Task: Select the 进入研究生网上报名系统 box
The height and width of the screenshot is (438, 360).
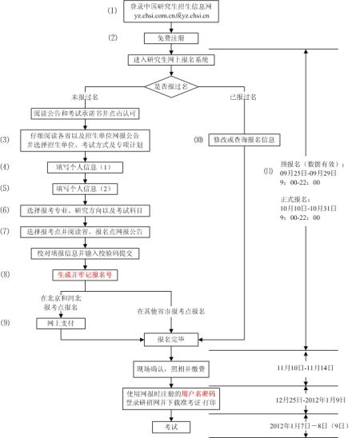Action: point(169,59)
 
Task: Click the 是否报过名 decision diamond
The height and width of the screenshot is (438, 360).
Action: point(169,85)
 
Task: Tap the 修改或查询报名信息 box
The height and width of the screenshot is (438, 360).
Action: point(244,139)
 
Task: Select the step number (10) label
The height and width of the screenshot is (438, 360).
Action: point(198,139)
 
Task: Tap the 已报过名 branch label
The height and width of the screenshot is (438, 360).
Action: point(241,98)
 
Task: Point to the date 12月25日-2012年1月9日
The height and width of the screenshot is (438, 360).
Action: point(306,396)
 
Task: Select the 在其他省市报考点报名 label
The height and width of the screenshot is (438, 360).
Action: point(170,310)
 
